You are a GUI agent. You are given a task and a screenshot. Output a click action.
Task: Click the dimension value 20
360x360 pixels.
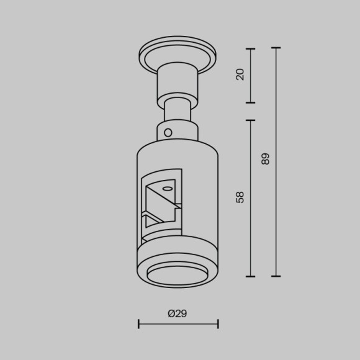click(x=241, y=75)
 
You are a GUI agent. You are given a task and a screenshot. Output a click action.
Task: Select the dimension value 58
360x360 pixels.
click(x=241, y=197)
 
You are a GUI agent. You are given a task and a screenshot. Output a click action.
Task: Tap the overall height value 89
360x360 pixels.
click(x=266, y=159)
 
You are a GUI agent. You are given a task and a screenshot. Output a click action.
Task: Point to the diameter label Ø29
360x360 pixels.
click(x=178, y=313)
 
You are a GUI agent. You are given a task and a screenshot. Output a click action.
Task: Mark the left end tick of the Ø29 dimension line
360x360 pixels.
click(x=138, y=323)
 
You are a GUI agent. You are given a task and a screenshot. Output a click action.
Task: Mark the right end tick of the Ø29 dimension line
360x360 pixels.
click(x=218, y=323)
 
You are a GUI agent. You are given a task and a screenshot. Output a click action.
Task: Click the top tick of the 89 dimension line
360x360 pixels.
click(x=276, y=48)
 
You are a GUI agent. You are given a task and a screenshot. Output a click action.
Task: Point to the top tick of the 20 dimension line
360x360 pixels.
click(x=251, y=48)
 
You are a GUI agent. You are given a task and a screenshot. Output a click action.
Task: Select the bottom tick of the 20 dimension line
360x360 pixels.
click(x=251, y=102)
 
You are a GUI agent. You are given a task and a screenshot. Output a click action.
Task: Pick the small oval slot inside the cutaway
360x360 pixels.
click(x=166, y=187)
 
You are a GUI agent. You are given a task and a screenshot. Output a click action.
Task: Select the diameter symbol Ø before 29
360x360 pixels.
click(x=171, y=313)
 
